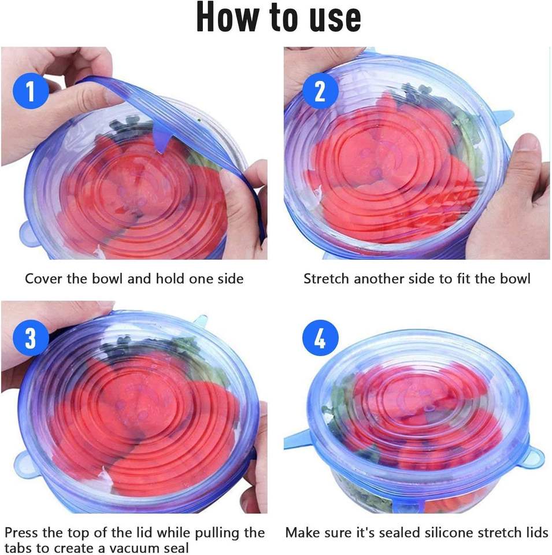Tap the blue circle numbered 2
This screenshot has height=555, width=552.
(320, 92)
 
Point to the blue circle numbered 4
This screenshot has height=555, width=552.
(320, 339)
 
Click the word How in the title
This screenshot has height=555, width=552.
(228, 17)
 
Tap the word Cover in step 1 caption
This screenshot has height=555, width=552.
(43, 279)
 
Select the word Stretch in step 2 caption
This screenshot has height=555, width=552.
(327, 279)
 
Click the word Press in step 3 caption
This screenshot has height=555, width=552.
(21, 532)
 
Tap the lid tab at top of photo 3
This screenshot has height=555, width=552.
(200, 320)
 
